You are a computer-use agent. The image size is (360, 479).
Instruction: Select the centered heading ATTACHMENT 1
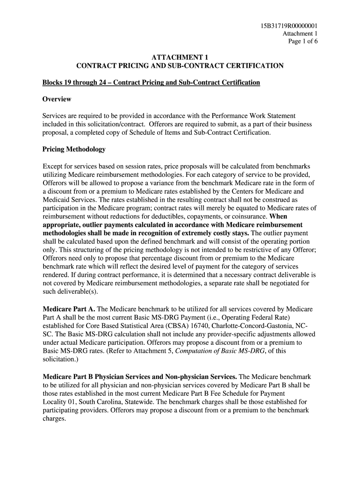point(180,58)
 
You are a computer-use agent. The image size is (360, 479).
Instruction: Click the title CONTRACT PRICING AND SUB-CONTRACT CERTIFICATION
point(180,66)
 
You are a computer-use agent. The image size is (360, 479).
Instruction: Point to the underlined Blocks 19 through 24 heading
point(151,83)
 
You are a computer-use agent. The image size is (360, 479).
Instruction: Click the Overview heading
point(57,99)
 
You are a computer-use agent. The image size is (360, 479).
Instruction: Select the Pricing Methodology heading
point(74,149)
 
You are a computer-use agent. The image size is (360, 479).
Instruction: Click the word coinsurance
point(248,217)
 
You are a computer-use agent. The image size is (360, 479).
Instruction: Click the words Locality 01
point(59,402)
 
